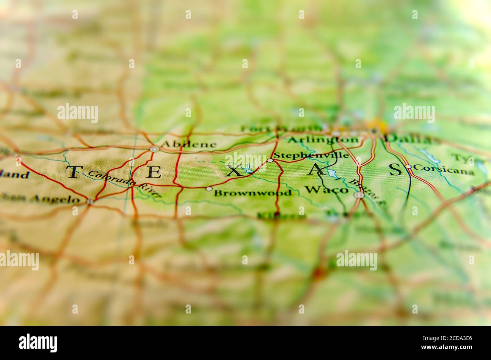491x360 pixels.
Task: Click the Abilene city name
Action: click(x=189, y=144)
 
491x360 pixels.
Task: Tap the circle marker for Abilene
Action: click(x=154, y=149)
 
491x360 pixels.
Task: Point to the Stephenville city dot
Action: click(x=270, y=161)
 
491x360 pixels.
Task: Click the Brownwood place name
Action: click(x=253, y=193)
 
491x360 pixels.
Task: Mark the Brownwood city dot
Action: click(x=209, y=188)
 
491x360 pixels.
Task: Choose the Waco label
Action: click(x=326, y=190)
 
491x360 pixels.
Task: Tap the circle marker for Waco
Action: click(x=359, y=195)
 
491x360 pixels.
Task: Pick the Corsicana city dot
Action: click(x=408, y=166)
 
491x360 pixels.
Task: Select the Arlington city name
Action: click(x=323, y=140)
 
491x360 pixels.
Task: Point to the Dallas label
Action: click(x=412, y=139)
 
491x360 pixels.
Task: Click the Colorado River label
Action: click(x=125, y=183)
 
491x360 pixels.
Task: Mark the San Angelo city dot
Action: click(x=90, y=202)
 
